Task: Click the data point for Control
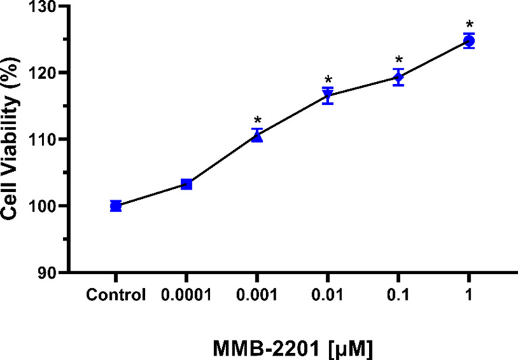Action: pos(116,206)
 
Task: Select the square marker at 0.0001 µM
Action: pos(187,184)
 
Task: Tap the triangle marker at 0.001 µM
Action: pos(257,137)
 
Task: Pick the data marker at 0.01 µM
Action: pos(328,95)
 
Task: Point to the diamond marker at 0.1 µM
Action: pos(399,77)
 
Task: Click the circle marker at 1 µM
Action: pos(469,41)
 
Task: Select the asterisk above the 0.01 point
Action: pos(328,80)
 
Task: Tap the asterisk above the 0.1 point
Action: pos(399,60)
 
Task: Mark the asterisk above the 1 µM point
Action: pos(469,25)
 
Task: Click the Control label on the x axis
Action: pos(116,296)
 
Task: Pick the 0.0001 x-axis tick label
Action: pos(187,296)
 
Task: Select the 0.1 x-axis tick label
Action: pos(399,296)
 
